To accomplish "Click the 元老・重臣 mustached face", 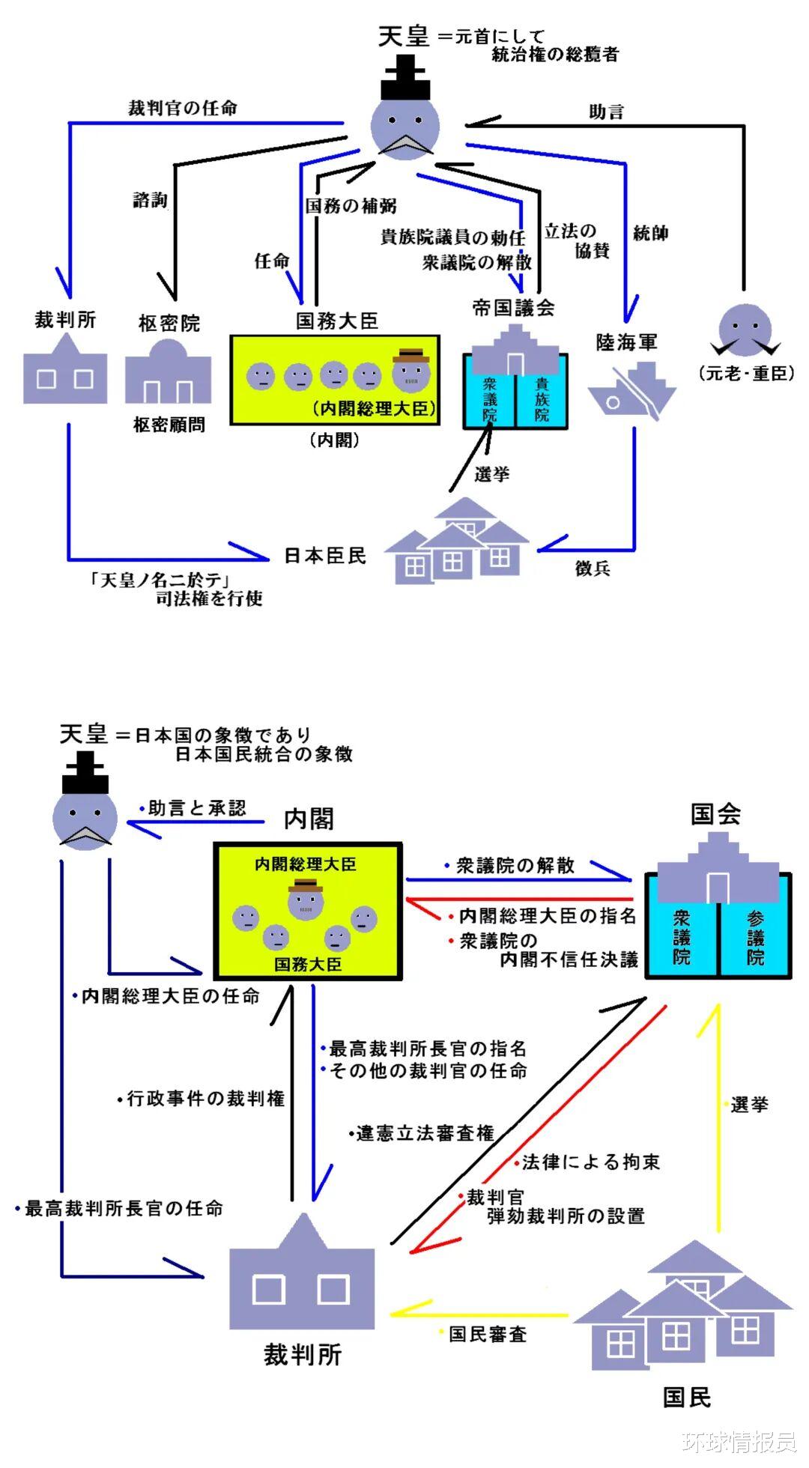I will point(745,330).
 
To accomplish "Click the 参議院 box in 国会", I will point(754,936).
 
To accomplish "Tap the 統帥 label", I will point(650,233).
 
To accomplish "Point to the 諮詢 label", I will point(150,200).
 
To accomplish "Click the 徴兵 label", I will point(593,568).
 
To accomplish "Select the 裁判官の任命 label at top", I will point(182,108).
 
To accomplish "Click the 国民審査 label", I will point(487,1334).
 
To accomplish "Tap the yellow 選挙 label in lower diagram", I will point(748,1104).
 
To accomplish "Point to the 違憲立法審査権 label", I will point(425,1133).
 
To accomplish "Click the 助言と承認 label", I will point(196,808).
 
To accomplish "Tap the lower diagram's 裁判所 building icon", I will point(301,1280).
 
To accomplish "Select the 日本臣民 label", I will point(325,556).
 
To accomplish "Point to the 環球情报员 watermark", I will point(739,1440).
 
